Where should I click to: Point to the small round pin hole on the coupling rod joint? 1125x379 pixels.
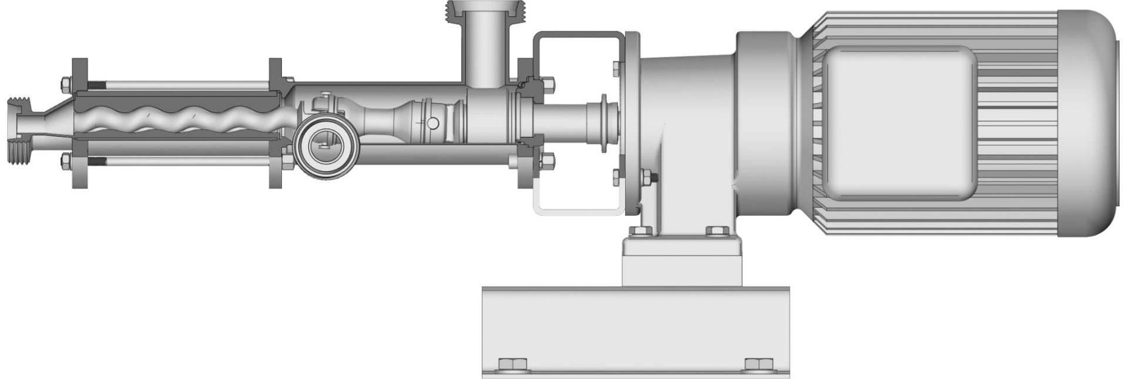point(433,122)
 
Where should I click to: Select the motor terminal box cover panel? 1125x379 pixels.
point(899,123)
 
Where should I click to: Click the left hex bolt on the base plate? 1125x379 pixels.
point(509,365)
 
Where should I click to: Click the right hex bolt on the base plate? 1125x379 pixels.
point(757,365)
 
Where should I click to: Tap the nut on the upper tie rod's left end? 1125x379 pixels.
point(66,85)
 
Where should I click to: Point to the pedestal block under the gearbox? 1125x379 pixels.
point(684,261)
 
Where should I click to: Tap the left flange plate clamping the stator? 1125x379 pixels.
point(79,123)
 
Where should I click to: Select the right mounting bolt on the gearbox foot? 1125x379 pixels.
point(717,231)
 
